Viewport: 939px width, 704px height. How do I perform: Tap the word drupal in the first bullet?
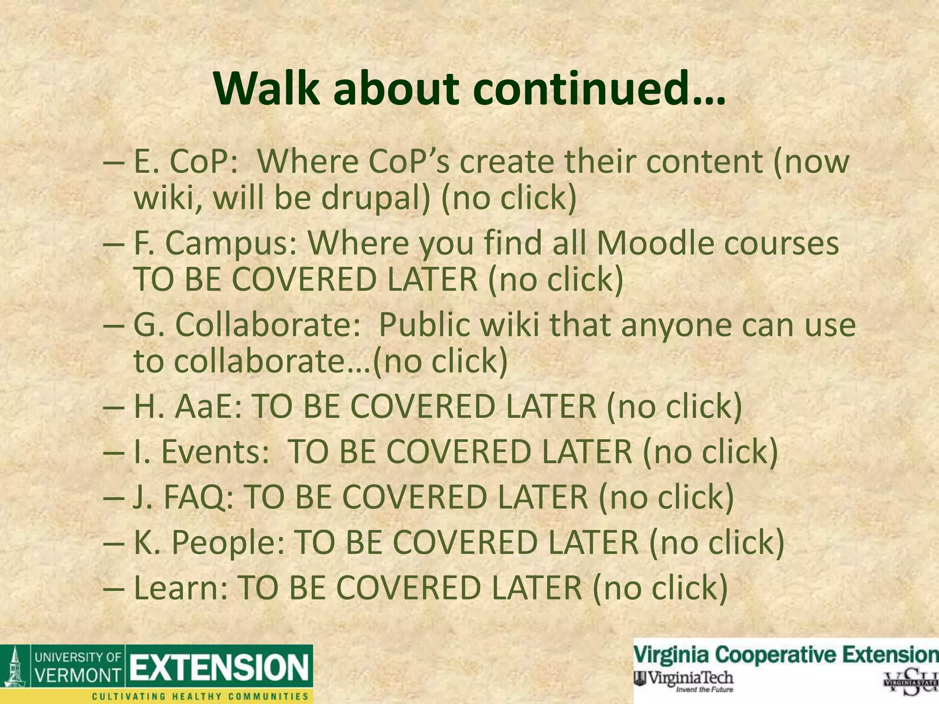tap(375, 198)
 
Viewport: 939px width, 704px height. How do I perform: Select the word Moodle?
tap(655, 243)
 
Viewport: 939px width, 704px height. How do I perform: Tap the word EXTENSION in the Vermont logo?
tap(220, 667)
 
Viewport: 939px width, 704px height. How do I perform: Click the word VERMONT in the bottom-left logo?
tap(77, 675)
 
